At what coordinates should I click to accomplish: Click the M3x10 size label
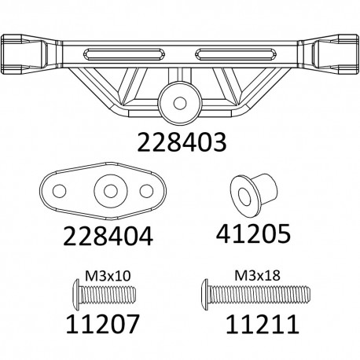(100, 276)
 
